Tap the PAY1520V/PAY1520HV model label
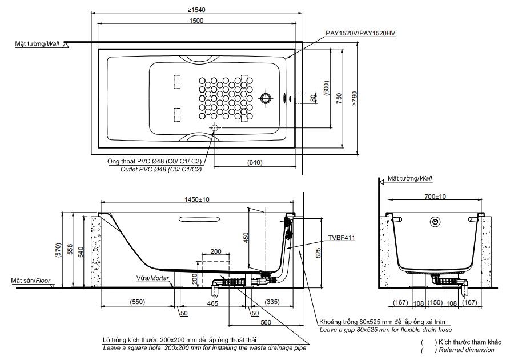click(360, 34)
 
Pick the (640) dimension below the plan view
click(255, 163)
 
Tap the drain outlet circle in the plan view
click(215, 127)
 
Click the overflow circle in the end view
click(436, 221)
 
